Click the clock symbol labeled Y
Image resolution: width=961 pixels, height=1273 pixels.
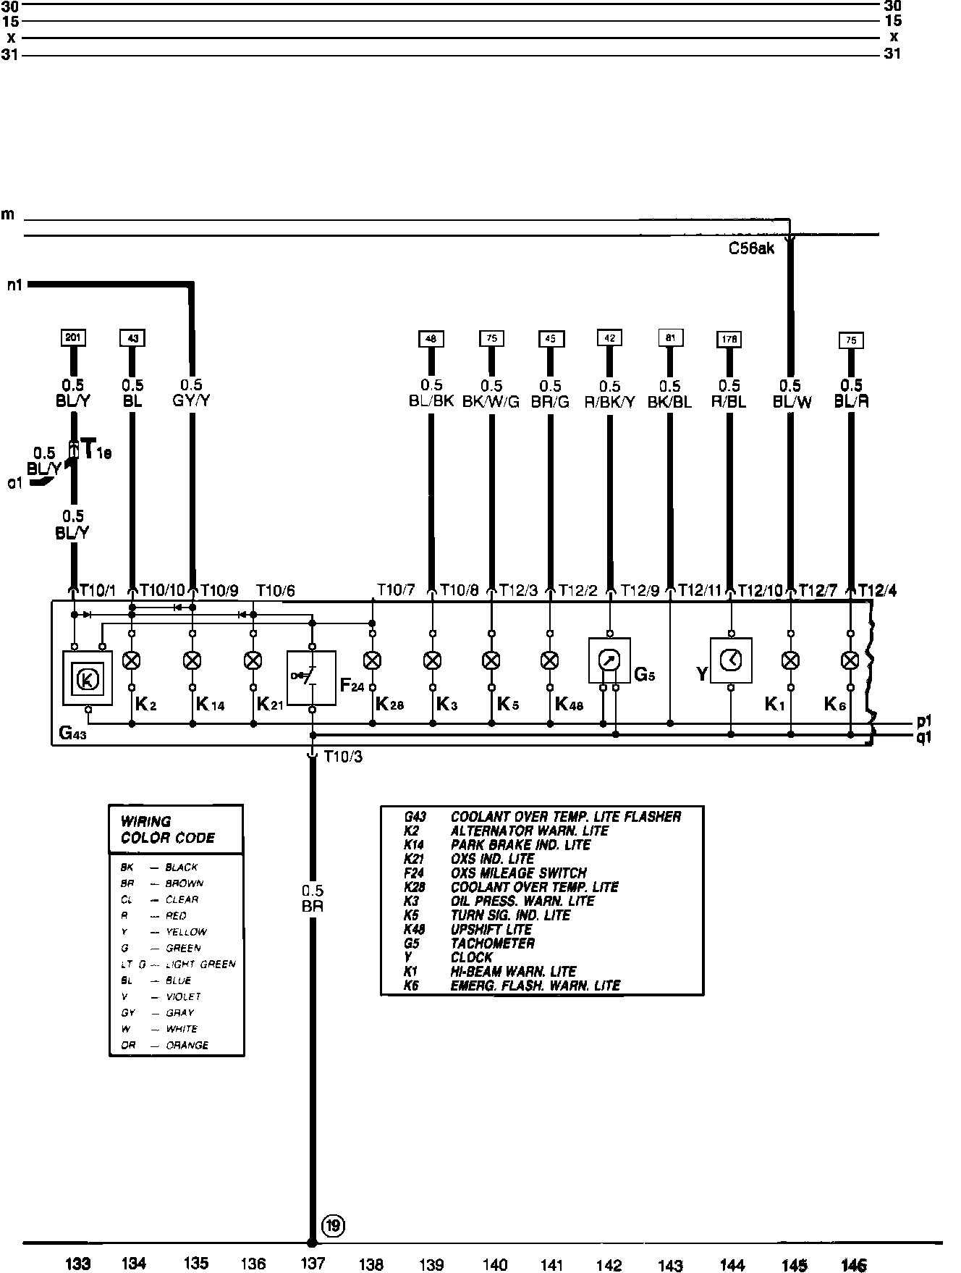click(731, 660)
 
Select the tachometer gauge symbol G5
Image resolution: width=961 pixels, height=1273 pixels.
click(609, 660)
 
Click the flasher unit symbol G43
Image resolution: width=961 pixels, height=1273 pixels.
click(88, 678)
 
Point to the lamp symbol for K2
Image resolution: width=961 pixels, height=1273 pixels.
click(132, 660)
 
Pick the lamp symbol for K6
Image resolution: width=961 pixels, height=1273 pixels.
click(850, 660)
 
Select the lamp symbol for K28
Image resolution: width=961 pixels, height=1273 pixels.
click(372, 660)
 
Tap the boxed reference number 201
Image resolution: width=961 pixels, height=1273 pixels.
click(73, 337)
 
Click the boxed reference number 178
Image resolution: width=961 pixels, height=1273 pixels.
click(729, 339)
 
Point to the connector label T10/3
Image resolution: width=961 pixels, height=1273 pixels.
click(343, 757)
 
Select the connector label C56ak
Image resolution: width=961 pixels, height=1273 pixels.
click(751, 249)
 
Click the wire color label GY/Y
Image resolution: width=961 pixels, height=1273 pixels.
click(192, 400)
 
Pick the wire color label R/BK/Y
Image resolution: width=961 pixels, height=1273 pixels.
click(609, 402)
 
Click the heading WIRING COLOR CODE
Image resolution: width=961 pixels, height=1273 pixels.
click(168, 830)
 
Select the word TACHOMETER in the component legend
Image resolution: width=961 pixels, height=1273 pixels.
click(492, 944)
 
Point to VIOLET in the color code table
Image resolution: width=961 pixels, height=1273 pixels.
click(183, 996)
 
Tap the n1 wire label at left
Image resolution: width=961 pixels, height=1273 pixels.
click(14, 285)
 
